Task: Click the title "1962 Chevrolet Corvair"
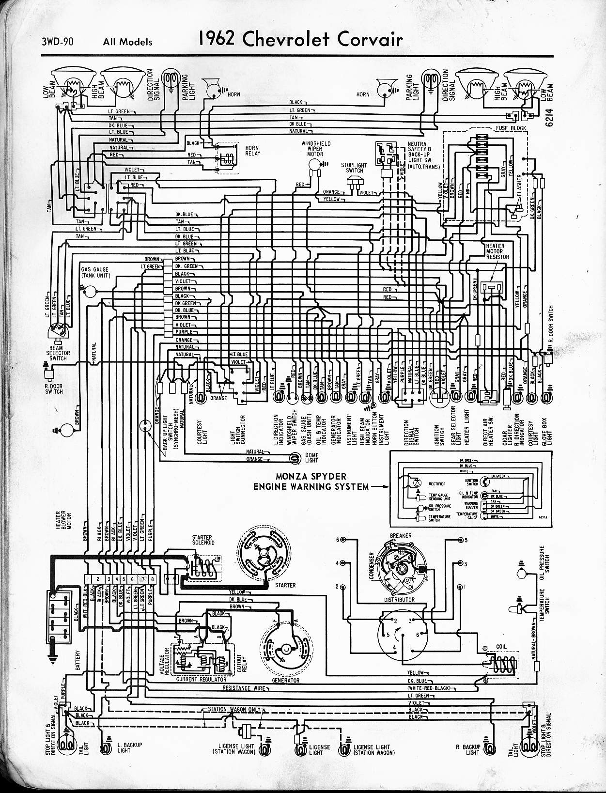[299, 40]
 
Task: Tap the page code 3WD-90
[58, 42]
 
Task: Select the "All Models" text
[127, 42]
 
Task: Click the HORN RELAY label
[252, 151]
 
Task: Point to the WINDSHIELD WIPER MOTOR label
[316, 149]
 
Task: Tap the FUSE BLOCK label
[511, 128]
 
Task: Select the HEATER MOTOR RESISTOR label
[497, 251]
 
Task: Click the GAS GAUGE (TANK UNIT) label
[95, 272]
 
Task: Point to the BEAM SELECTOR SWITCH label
[58, 353]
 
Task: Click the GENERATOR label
[285, 680]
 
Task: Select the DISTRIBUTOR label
[400, 600]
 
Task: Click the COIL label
[501, 646]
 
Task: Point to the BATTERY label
[77, 660]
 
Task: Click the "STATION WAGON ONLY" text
[234, 710]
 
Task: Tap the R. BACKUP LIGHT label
[467, 749]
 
